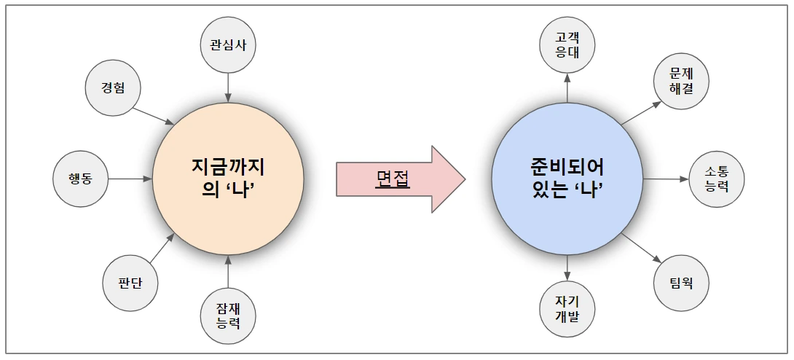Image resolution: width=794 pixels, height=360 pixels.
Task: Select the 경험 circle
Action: click(113, 87)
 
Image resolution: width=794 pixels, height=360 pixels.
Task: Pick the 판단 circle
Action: click(130, 283)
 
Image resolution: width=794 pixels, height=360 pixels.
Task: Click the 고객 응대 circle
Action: click(567, 45)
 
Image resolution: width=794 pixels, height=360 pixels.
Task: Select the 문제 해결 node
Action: click(681, 82)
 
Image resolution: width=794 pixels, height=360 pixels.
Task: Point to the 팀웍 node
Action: click(681, 283)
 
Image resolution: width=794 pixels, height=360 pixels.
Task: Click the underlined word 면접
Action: click(393, 179)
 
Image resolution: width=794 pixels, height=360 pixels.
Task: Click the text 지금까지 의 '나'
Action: click(228, 179)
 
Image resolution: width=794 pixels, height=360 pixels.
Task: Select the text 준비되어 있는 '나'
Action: click(567, 179)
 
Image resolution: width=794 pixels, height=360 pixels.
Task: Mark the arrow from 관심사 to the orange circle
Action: click(228, 87)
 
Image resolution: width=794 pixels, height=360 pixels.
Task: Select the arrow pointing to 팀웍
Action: click(641, 248)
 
